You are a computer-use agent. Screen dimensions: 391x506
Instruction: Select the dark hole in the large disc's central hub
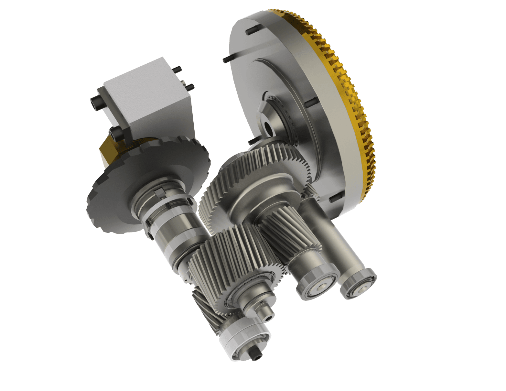point(268,126)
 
